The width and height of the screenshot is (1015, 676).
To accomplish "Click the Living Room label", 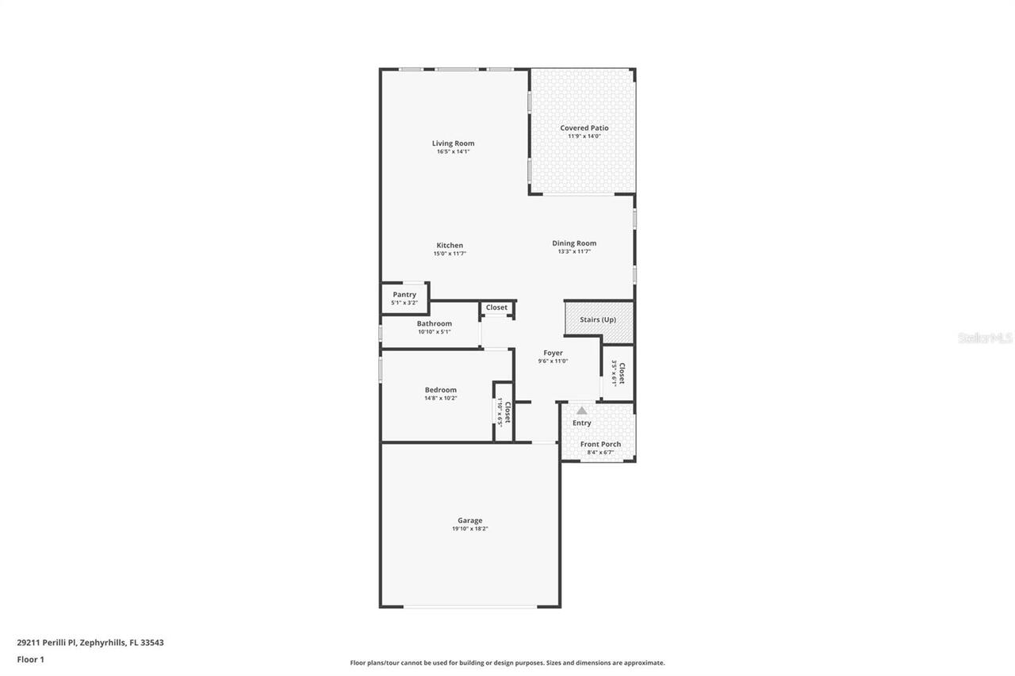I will click(453, 143).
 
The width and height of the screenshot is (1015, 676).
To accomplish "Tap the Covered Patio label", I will click(584, 128).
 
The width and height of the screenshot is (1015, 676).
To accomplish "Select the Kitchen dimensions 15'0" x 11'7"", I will click(449, 254).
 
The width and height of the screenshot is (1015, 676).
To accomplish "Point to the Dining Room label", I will click(574, 243).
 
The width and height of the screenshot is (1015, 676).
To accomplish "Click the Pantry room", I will click(404, 298).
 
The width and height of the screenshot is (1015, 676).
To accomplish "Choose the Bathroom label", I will click(434, 323).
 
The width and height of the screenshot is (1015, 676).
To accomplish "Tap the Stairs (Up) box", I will click(599, 321).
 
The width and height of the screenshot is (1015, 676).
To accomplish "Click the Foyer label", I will click(553, 353).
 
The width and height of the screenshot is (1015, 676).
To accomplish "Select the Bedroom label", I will click(440, 390).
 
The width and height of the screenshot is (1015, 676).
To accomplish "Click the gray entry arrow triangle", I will click(581, 411).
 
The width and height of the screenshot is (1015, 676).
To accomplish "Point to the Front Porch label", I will click(600, 444).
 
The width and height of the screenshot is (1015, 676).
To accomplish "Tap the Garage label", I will click(469, 521).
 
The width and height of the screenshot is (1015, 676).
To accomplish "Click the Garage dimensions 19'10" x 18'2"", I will click(469, 529).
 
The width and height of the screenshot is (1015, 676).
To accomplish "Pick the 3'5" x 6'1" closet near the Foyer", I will click(618, 372).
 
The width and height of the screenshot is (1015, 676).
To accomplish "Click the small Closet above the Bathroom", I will click(496, 308).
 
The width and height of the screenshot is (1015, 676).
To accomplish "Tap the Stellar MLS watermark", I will click(985, 338).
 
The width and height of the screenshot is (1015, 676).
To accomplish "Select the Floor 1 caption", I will click(31, 659).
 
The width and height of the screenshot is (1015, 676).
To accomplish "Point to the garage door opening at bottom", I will click(469, 607).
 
